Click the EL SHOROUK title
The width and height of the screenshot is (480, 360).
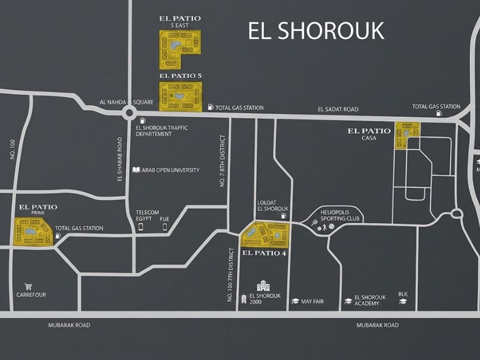click(x=316, y=31)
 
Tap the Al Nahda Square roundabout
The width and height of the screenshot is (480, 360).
click(x=130, y=113)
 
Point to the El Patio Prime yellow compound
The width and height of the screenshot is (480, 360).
click(x=33, y=232)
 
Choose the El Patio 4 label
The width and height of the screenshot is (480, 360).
click(x=264, y=253)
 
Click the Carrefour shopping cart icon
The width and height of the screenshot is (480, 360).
click(x=28, y=287)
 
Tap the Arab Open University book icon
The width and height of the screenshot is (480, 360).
click(x=136, y=170)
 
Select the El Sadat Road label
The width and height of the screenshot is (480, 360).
click(x=338, y=109)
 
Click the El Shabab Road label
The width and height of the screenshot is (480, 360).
click(x=119, y=159)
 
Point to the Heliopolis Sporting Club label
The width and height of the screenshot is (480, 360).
click(x=340, y=215)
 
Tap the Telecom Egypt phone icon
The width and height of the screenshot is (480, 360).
click(x=141, y=227)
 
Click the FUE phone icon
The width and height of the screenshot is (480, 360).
click(x=164, y=227)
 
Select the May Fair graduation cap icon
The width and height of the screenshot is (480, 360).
click(x=295, y=301)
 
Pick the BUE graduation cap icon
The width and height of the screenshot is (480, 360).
click(x=403, y=301)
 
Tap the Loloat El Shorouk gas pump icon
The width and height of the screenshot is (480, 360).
click(x=283, y=215)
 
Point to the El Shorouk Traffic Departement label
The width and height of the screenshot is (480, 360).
click(x=162, y=131)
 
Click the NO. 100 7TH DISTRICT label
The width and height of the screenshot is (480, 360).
click(x=230, y=275)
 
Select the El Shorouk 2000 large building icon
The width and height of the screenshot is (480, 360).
click(x=263, y=286)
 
